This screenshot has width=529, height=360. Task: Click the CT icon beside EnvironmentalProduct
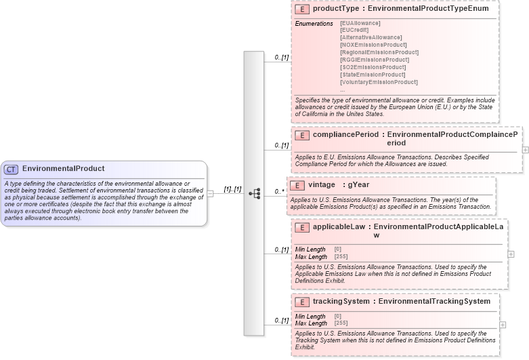(x=12, y=169)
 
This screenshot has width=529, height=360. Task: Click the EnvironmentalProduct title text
(x=63, y=169)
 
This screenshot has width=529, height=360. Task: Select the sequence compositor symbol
(x=255, y=193)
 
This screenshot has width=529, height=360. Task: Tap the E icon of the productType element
(x=301, y=10)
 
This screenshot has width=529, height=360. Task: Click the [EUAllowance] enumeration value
(x=360, y=23)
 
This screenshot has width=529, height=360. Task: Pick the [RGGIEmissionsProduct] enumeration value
(x=375, y=60)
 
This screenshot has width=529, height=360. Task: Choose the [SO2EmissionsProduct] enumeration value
(x=373, y=67)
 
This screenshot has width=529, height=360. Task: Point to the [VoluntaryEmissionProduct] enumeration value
(x=379, y=82)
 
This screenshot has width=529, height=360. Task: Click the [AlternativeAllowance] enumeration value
(x=371, y=37)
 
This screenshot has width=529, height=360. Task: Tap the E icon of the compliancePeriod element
(x=301, y=135)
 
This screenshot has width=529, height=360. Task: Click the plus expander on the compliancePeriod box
(x=525, y=149)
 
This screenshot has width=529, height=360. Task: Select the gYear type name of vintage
(x=358, y=184)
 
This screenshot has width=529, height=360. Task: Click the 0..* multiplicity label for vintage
(x=280, y=192)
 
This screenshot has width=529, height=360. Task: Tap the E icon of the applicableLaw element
(x=301, y=228)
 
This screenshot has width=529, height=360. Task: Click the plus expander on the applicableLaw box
(x=511, y=254)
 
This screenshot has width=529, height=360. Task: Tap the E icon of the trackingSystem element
(x=301, y=302)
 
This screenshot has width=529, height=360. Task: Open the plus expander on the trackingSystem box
(x=503, y=325)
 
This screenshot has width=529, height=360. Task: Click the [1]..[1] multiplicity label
(x=232, y=189)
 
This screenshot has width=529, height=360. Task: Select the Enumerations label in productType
(x=314, y=24)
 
